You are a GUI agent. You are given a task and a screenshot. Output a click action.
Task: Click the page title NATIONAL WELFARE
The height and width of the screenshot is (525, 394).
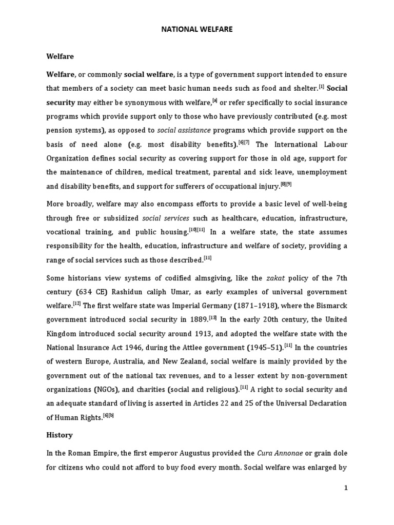click(196, 30)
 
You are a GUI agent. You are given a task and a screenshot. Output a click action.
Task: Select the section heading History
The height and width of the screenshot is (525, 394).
click(60, 435)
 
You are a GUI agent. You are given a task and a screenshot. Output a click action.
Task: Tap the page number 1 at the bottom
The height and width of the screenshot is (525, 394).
click(346, 488)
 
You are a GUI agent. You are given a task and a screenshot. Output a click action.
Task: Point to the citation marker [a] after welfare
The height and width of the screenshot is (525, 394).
click(215, 99)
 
